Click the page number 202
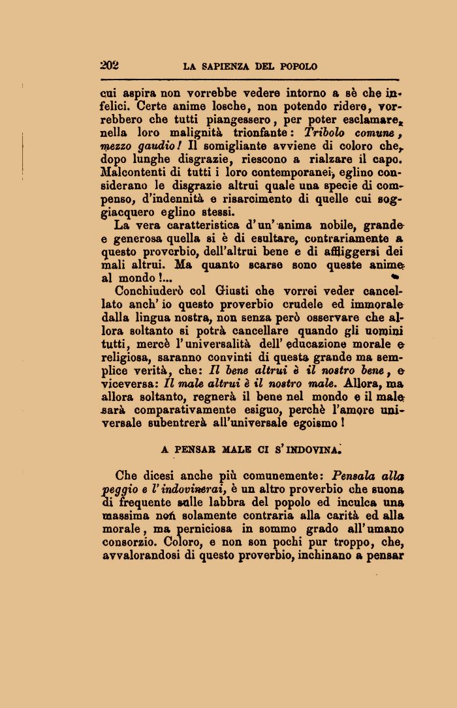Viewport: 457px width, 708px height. coord(109,65)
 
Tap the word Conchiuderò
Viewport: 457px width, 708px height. coord(150,291)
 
